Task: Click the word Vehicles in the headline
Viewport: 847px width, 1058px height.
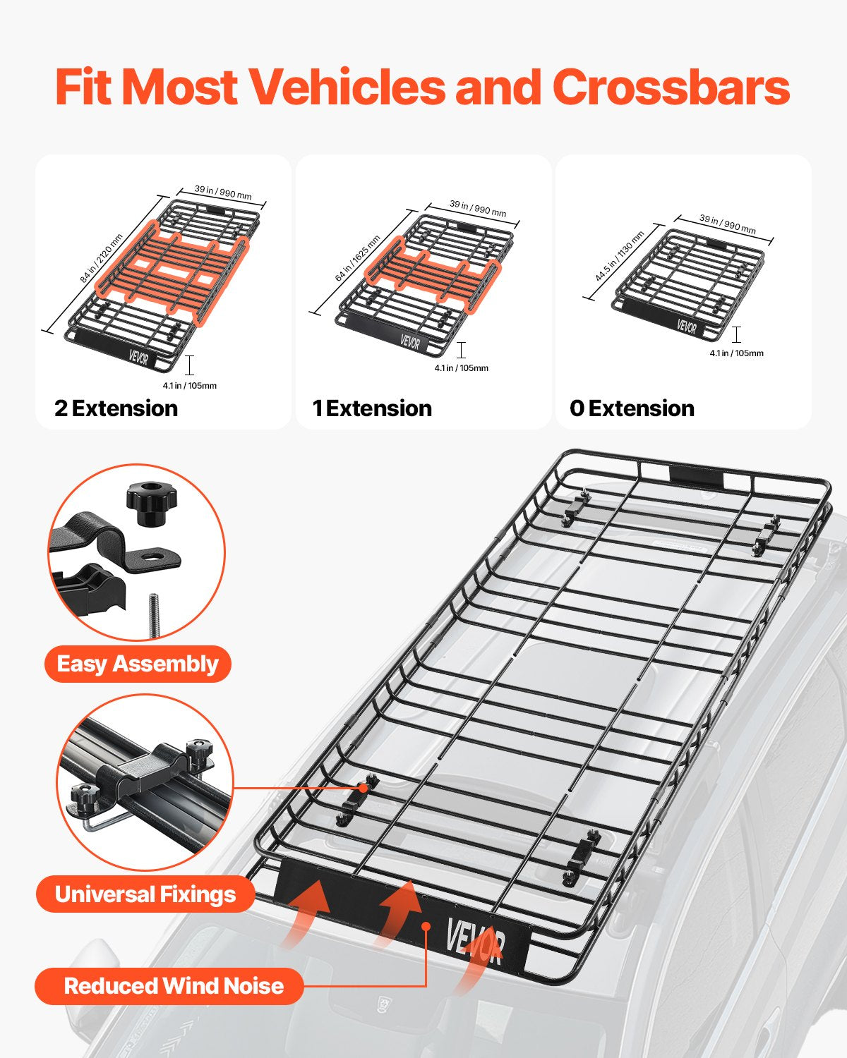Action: [347, 87]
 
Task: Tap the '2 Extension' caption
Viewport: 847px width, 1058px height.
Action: [116, 408]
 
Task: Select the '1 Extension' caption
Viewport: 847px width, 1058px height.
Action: [372, 408]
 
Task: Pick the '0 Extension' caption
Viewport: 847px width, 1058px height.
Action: [632, 408]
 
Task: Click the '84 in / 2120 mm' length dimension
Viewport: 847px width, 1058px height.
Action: [101, 259]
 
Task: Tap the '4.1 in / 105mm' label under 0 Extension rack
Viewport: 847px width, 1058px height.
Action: [736, 353]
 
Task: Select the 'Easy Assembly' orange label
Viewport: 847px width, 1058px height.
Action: [138, 664]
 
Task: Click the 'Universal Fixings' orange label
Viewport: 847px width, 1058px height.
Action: [145, 894]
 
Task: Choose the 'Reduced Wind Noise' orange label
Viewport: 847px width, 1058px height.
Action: [173, 985]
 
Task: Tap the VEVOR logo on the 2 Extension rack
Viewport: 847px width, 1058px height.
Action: [139, 357]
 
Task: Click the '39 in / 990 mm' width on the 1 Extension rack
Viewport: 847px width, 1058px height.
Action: [478, 209]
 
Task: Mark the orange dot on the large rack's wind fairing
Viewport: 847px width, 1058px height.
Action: [426, 925]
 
